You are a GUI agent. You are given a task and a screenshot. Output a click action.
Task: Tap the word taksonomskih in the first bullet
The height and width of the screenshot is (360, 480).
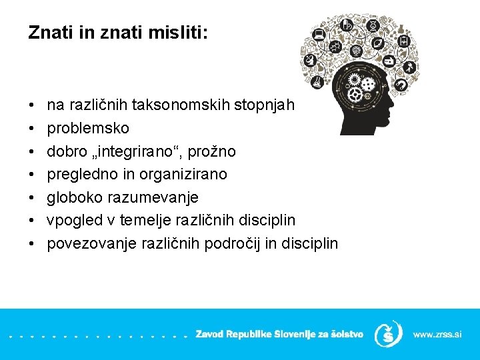point(181,104)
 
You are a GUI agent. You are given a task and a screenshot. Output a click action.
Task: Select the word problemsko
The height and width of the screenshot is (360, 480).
point(88,127)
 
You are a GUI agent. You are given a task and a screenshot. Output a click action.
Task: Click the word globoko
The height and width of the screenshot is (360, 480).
point(74,197)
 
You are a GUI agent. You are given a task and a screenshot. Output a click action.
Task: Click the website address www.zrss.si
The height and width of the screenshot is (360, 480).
point(437,333)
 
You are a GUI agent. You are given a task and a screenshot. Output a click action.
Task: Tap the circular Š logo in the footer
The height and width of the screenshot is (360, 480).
point(388,333)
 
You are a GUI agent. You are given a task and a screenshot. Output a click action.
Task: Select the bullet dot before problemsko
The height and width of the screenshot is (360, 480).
point(32,127)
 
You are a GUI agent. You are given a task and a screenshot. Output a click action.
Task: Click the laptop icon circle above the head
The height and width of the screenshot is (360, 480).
point(319,33)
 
